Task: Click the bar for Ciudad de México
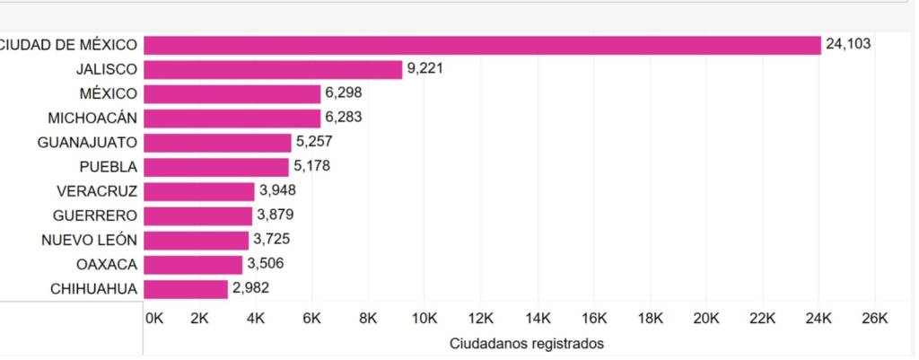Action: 482,45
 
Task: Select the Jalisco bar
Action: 273,69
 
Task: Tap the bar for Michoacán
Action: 232,119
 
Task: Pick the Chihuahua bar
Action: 186,289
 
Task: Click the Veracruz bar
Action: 199,191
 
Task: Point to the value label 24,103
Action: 848,44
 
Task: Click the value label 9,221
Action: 424,69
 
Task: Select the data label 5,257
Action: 314,143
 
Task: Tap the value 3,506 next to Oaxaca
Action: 265,265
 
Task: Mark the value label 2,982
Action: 250,289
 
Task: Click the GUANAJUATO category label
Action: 87,143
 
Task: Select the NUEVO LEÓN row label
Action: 89,241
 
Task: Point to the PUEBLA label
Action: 108,167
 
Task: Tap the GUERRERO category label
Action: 95,215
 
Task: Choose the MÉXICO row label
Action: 108,93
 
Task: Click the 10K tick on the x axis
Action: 424,318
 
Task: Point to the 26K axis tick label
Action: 874,318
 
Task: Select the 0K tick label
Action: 154,318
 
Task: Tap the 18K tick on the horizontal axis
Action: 649,318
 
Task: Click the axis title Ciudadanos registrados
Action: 526,343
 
